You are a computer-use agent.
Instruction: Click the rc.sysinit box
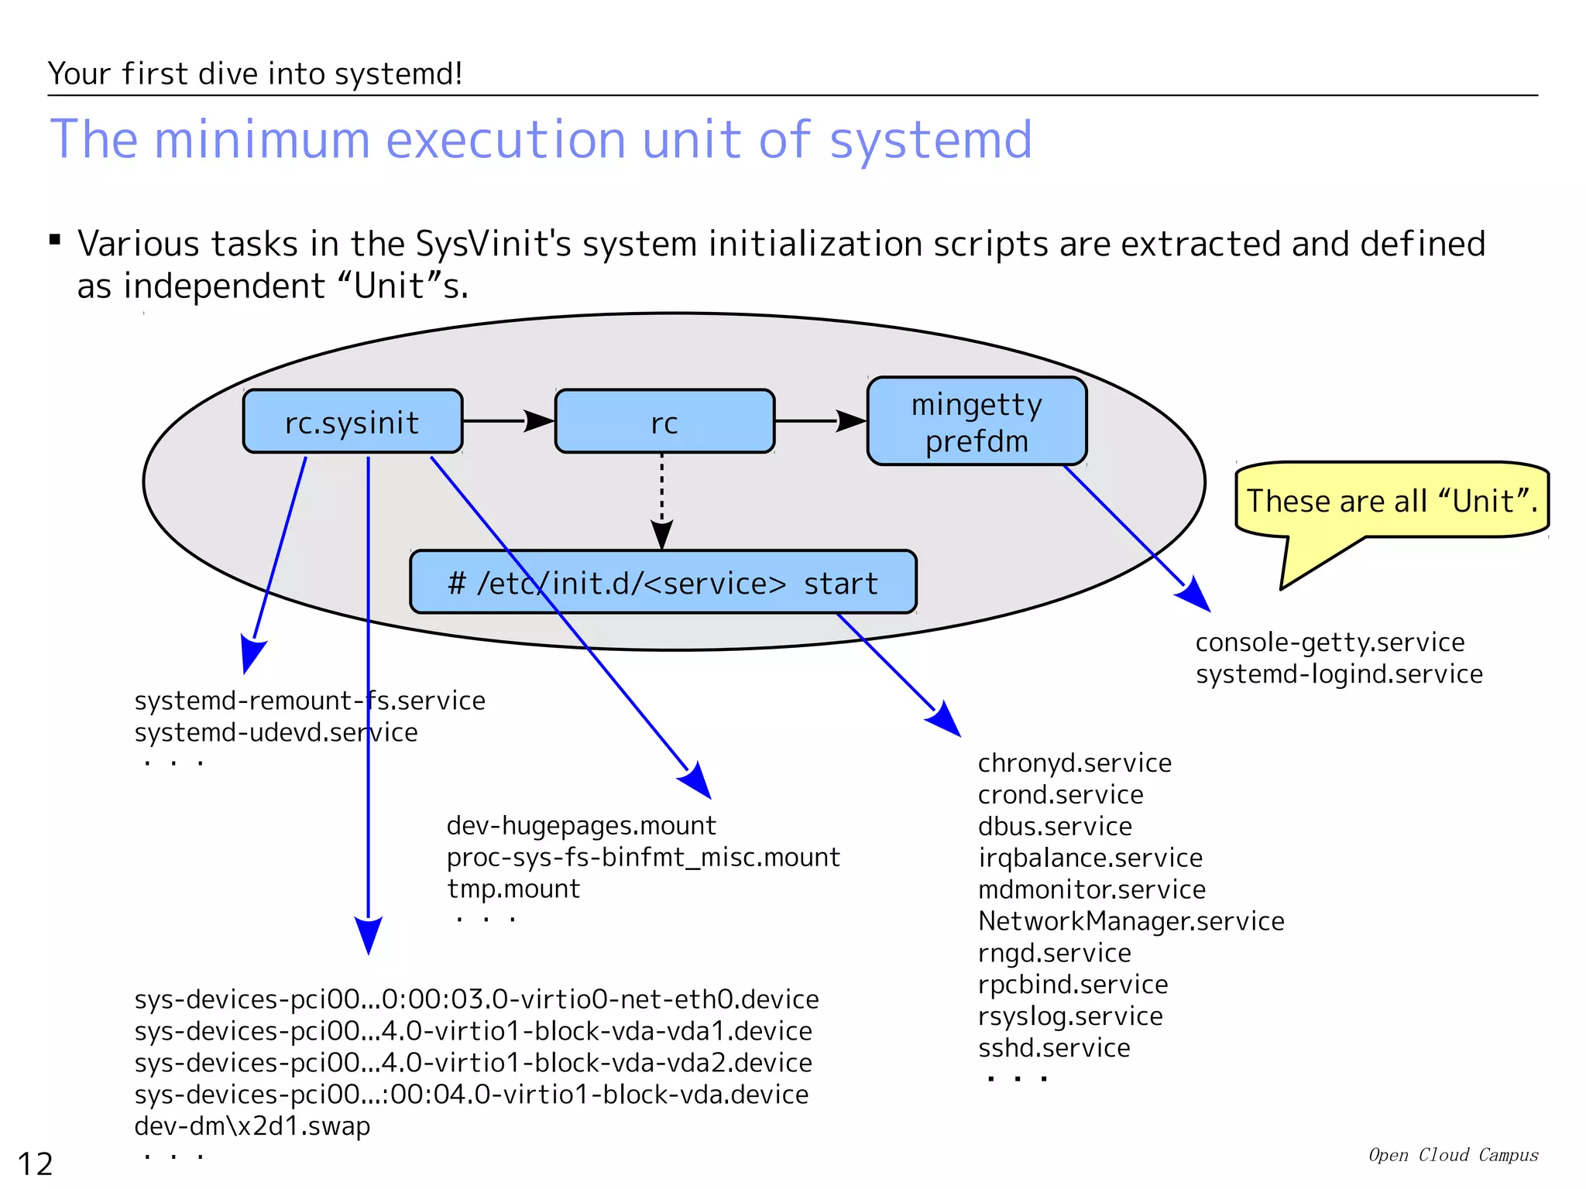(x=352, y=422)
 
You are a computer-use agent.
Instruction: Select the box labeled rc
(x=664, y=422)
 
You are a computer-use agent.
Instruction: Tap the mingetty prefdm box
(x=977, y=422)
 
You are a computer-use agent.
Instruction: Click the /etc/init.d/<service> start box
(x=663, y=582)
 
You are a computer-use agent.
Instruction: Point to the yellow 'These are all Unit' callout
(x=1392, y=500)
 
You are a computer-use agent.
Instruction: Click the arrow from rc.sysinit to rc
(x=508, y=421)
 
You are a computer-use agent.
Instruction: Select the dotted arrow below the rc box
(x=661, y=500)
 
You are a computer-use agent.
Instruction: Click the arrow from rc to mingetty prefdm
(x=820, y=421)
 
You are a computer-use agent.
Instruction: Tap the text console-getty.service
(x=1330, y=642)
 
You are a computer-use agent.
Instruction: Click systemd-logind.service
(x=1339, y=674)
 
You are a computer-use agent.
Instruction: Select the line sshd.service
(x=1054, y=1048)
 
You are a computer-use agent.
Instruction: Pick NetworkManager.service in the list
(x=1131, y=921)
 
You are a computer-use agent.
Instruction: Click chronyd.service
(x=1074, y=763)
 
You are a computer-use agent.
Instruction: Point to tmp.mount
(x=513, y=889)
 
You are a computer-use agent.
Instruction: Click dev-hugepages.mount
(x=581, y=826)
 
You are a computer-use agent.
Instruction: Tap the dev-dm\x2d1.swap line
(x=252, y=1126)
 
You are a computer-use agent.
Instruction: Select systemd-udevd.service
(x=276, y=732)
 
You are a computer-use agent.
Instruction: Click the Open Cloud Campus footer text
(x=1453, y=1155)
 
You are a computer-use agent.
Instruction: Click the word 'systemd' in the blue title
(x=930, y=140)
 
